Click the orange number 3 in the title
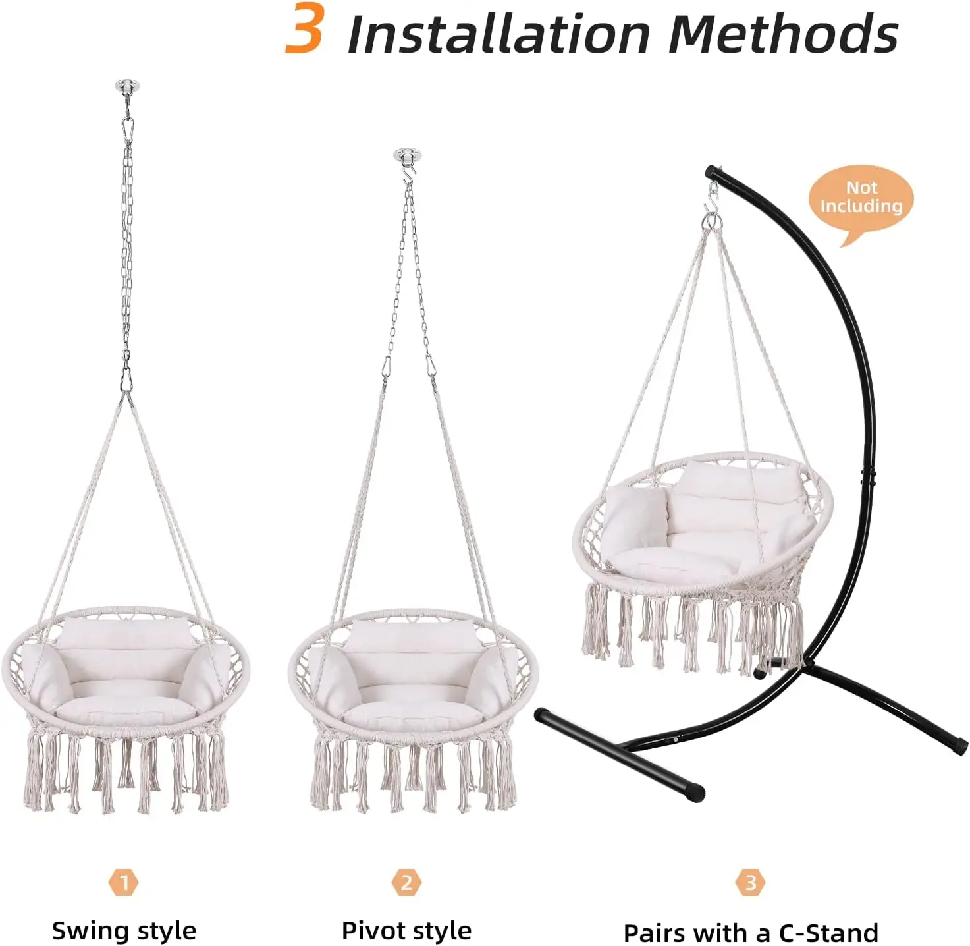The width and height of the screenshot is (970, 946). click(x=304, y=28)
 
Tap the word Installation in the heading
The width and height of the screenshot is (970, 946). click(x=499, y=33)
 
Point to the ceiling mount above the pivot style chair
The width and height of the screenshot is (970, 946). click(x=407, y=154)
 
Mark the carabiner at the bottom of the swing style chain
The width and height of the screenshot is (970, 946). click(x=126, y=379)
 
